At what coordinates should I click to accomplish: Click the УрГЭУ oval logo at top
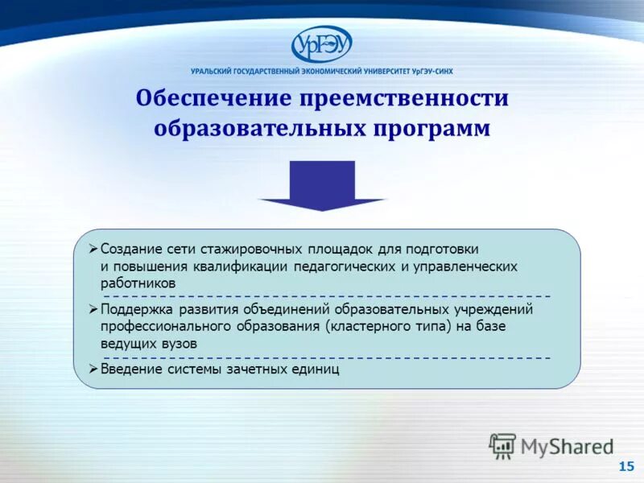pyautogui.click(x=322, y=43)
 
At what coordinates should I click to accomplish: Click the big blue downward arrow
pyautogui.click(x=322, y=185)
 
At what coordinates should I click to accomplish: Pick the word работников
pyautogui.click(x=138, y=283)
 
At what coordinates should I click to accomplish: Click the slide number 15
pyautogui.click(x=625, y=467)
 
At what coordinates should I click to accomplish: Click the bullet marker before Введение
pyautogui.click(x=93, y=369)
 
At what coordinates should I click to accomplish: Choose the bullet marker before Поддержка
pyautogui.click(x=93, y=309)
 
